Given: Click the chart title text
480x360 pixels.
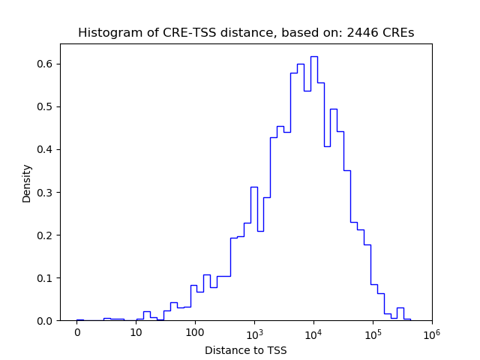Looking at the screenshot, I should coord(246,33).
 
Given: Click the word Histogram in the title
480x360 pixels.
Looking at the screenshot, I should coord(106,33).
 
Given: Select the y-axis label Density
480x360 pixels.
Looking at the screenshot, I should coord(27,183).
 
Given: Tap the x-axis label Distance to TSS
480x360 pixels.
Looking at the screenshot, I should coord(246,349).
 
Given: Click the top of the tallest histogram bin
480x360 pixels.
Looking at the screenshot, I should coord(314,56).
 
